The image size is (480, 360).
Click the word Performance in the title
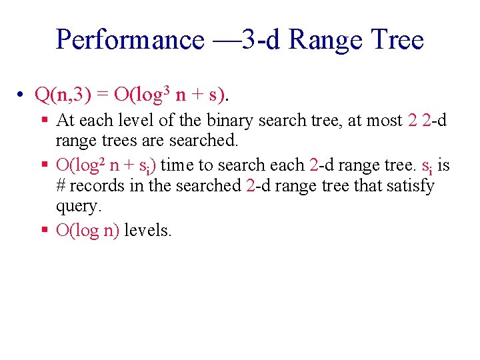click(130, 40)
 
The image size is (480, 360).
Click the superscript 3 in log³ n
click(167, 89)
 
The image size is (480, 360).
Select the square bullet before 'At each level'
click(44, 121)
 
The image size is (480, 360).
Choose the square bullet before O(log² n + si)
click(44, 165)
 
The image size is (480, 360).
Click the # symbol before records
click(61, 185)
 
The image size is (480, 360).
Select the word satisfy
click(409, 185)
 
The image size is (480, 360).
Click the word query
click(79, 207)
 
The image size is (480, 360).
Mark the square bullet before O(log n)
click(44, 231)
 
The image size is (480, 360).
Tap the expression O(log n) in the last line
click(88, 231)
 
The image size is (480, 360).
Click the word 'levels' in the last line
click(148, 231)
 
